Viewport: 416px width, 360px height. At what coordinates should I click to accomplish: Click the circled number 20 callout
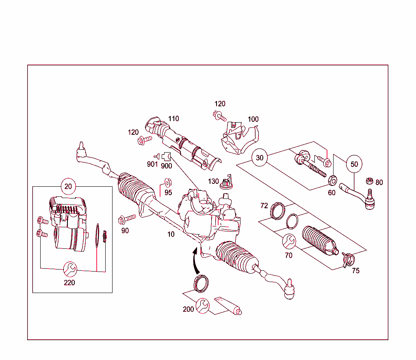click(x=68, y=186)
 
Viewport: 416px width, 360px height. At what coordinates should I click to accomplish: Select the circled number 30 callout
click(x=260, y=157)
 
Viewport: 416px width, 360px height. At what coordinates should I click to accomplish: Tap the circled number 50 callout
click(x=354, y=164)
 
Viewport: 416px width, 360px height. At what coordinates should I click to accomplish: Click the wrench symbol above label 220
click(x=69, y=268)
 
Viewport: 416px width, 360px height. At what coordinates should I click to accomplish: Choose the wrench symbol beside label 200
click(x=202, y=306)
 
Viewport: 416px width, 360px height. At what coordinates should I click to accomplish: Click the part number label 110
click(x=173, y=119)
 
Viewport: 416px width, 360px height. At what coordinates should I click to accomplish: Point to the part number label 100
click(x=253, y=119)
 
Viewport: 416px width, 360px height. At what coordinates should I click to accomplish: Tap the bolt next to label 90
click(x=128, y=219)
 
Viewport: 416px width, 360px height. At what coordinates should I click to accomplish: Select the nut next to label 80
click(x=369, y=180)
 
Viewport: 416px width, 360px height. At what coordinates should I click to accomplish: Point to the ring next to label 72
click(x=277, y=210)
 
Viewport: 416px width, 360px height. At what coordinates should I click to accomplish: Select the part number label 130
click(x=213, y=181)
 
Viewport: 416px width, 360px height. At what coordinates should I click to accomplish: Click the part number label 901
click(x=152, y=164)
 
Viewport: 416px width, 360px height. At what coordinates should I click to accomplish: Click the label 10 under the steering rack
click(x=171, y=234)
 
